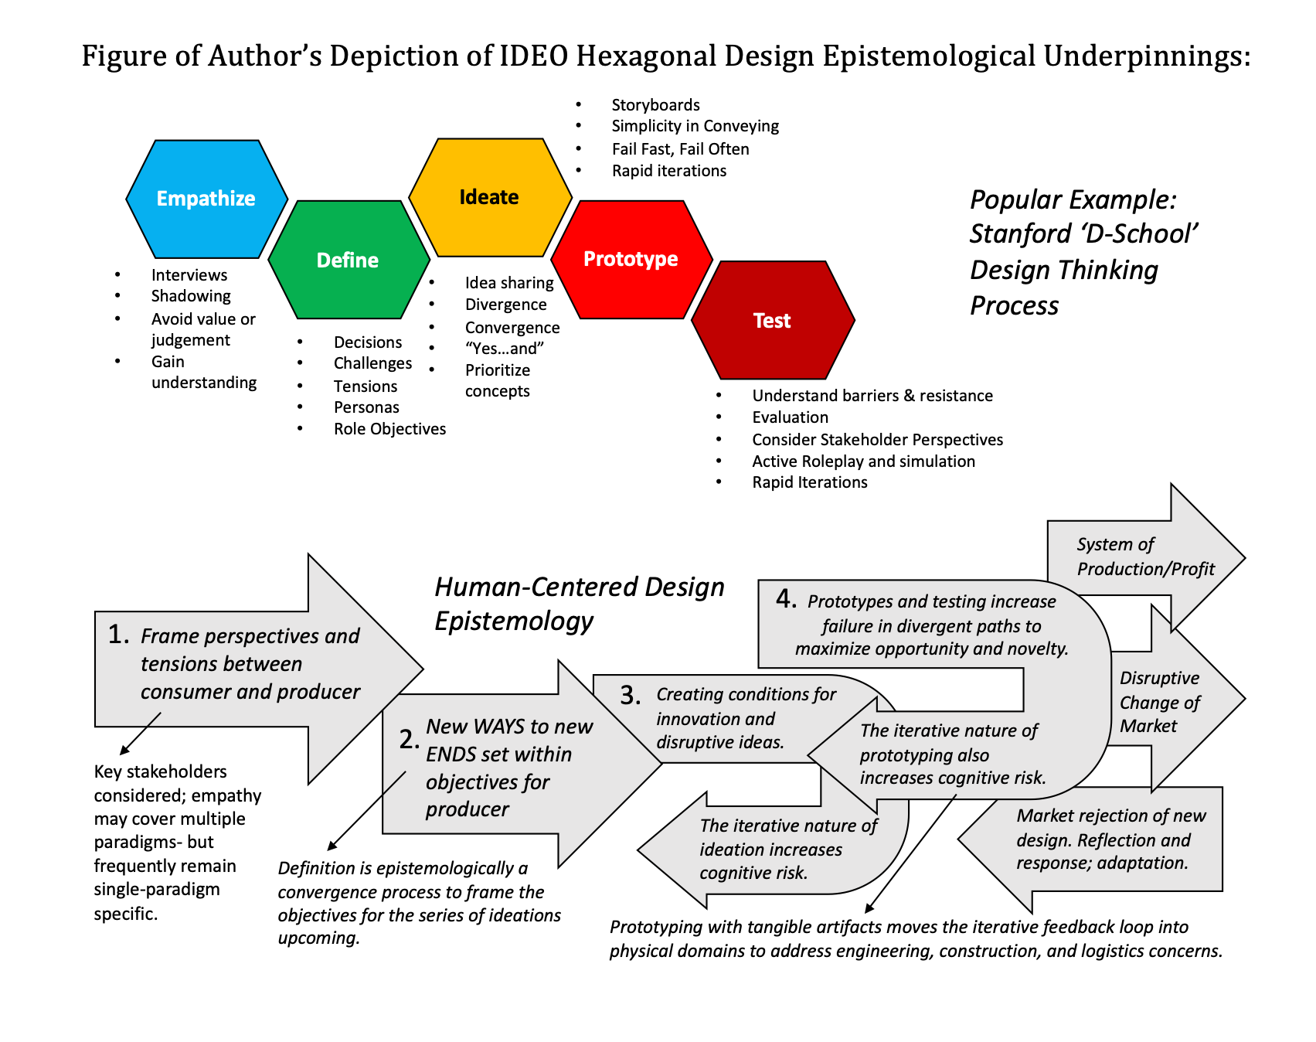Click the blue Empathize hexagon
[x=206, y=199]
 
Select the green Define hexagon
[x=348, y=260]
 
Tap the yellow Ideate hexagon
[x=489, y=197]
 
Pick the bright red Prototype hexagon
[x=631, y=259]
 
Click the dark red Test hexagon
[x=772, y=321]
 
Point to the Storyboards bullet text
[x=655, y=105]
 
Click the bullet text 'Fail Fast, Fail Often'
[x=680, y=149]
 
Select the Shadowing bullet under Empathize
[x=191, y=296]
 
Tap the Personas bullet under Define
[x=366, y=407]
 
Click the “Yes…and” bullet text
[x=505, y=349]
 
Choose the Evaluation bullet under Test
[x=790, y=417]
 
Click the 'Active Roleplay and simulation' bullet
[x=863, y=461]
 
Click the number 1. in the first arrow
[x=119, y=635]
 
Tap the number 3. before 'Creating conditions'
[x=631, y=696]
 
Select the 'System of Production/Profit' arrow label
[x=1145, y=557]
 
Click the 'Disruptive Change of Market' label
[x=1159, y=702]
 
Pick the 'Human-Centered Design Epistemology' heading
[x=579, y=604]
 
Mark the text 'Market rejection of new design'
[x=1110, y=828]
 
